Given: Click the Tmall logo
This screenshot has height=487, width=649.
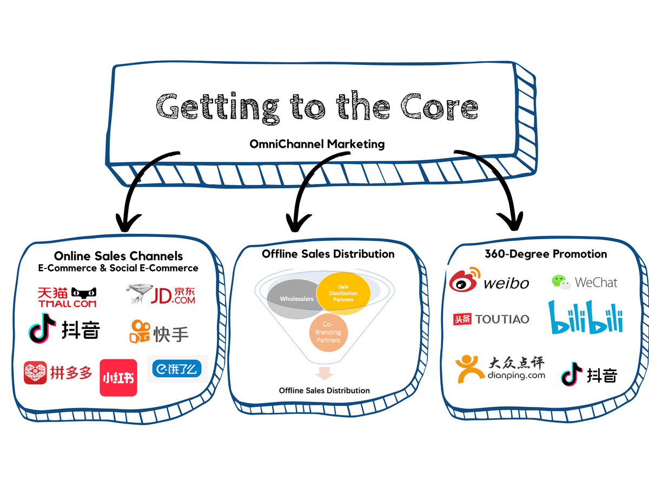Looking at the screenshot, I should (x=67, y=297).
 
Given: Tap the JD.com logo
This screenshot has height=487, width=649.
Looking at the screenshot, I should (x=160, y=295).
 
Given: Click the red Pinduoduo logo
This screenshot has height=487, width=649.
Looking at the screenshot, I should (x=58, y=373).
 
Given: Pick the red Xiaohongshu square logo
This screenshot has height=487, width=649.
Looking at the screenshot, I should (x=118, y=378).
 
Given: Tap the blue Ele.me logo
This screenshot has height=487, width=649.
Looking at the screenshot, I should (x=177, y=368).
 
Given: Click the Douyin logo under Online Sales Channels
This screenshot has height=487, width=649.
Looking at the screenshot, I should (x=64, y=331).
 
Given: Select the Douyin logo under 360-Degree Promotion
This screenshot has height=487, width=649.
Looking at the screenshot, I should (x=589, y=375).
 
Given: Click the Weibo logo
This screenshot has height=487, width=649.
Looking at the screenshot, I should (x=489, y=281).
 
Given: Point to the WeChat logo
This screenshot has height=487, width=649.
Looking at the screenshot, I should (x=584, y=282).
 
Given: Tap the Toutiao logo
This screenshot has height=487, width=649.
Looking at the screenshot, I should (x=491, y=319).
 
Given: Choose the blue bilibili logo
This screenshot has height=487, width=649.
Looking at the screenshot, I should (x=586, y=318).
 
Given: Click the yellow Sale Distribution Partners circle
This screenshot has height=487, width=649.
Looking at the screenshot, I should (x=343, y=293).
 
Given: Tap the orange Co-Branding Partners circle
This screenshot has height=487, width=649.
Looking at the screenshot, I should (x=329, y=332).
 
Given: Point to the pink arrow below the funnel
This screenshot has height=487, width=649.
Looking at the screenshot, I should (x=325, y=373).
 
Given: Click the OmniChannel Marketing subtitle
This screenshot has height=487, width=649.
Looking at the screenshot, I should (x=317, y=144).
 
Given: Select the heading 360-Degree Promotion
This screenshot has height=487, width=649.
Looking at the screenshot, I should (x=545, y=254).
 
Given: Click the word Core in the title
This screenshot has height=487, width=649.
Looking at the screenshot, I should (x=439, y=106).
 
